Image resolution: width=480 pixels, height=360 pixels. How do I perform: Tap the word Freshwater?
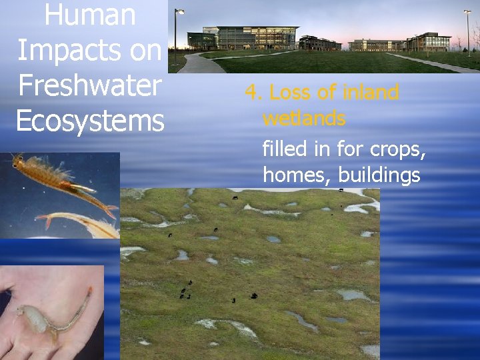[x=89, y=86]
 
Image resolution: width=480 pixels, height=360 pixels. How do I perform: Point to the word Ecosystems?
[x=89, y=121]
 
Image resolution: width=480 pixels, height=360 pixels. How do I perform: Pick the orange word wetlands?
[x=304, y=119]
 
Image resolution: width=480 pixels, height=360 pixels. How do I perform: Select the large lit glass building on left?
[x=257, y=38]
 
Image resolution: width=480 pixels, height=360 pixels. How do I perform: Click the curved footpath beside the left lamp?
[x=197, y=63]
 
